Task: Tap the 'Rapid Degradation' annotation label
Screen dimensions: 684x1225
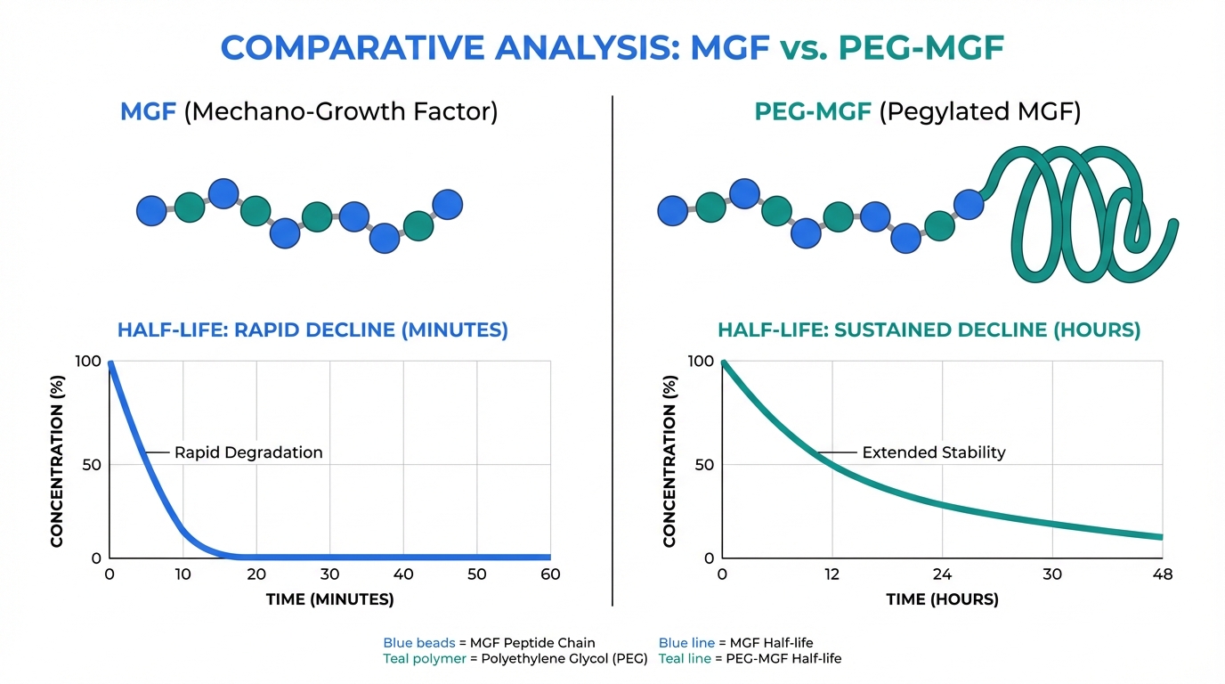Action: click(x=248, y=452)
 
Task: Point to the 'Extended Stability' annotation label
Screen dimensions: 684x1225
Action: click(x=933, y=452)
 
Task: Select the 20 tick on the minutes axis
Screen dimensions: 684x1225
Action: click(x=256, y=574)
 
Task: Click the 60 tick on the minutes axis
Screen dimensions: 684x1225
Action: click(x=550, y=574)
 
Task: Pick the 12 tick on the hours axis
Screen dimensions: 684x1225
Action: click(x=832, y=574)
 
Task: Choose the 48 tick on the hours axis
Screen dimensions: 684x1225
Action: click(x=1162, y=574)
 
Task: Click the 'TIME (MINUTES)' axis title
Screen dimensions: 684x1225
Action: click(x=329, y=599)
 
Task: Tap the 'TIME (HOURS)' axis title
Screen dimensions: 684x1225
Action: click(x=942, y=599)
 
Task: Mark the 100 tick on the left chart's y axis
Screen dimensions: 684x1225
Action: click(x=90, y=361)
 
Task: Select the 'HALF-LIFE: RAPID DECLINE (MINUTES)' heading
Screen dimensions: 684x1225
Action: click(x=312, y=330)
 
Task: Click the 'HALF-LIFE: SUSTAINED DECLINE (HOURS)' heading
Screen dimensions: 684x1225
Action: click(x=929, y=330)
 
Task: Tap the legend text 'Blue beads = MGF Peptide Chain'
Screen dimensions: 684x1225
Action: click(x=489, y=642)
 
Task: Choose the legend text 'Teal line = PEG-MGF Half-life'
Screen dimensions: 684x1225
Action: click(x=750, y=659)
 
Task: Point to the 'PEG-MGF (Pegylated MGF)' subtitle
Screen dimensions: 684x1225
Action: click(x=917, y=112)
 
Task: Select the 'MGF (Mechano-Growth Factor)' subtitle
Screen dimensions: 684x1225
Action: click(x=309, y=112)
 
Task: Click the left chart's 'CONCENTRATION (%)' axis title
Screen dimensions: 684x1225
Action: click(x=58, y=465)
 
